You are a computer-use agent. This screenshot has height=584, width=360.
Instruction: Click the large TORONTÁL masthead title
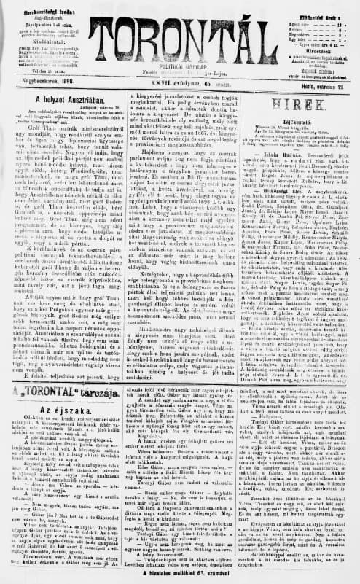coord(183,34)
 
